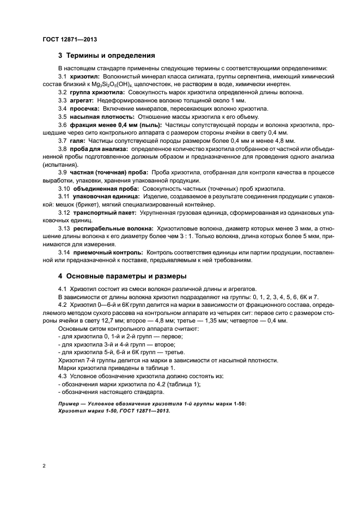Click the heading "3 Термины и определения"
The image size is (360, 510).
click(x=107, y=55)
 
